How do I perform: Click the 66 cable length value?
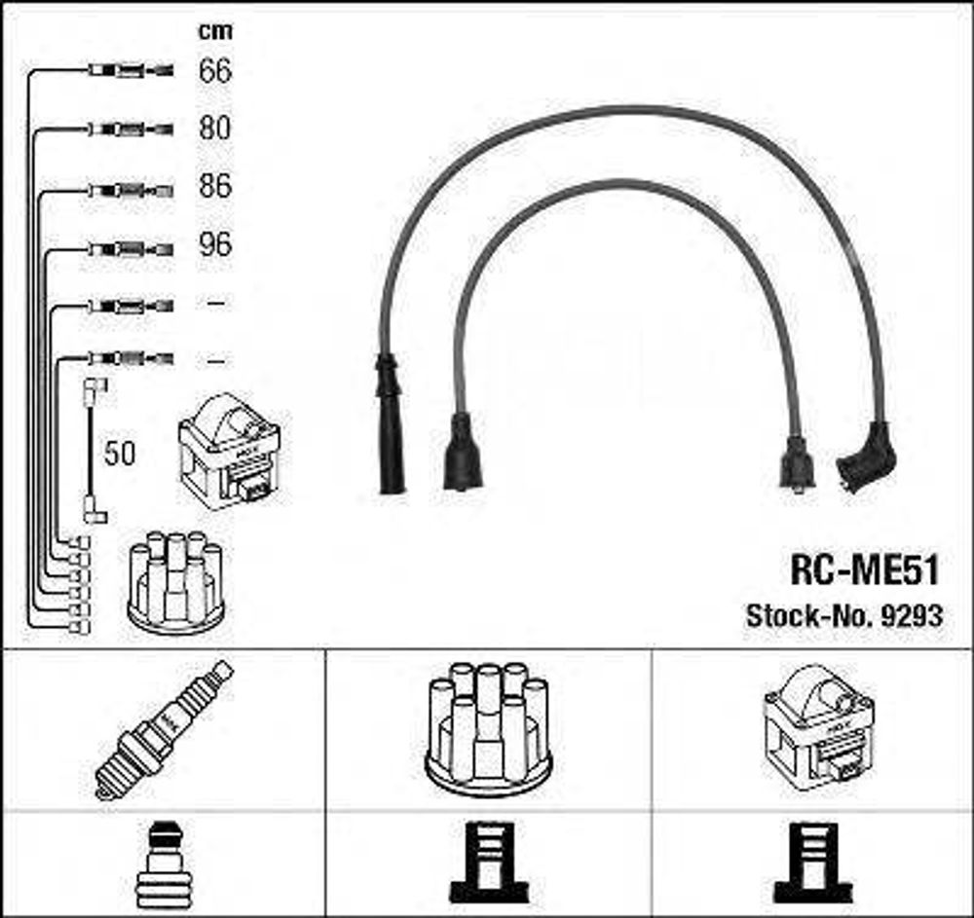click(x=215, y=70)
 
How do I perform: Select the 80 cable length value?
click(x=215, y=128)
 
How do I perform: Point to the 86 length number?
click(x=215, y=186)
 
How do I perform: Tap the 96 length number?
click(x=215, y=244)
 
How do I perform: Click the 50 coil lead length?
click(x=119, y=454)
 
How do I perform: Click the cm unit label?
click(x=215, y=31)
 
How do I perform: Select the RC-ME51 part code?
click(x=864, y=569)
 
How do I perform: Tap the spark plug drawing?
click(x=164, y=730)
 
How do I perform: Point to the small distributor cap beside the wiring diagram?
click(x=175, y=581)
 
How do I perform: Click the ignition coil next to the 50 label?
click(x=229, y=452)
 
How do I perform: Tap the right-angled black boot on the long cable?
click(x=867, y=457)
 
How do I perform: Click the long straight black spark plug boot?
click(x=390, y=423)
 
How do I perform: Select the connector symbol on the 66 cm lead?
click(x=131, y=70)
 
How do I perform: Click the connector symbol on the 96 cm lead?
click(x=131, y=249)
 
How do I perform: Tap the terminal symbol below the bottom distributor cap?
click(x=488, y=863)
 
